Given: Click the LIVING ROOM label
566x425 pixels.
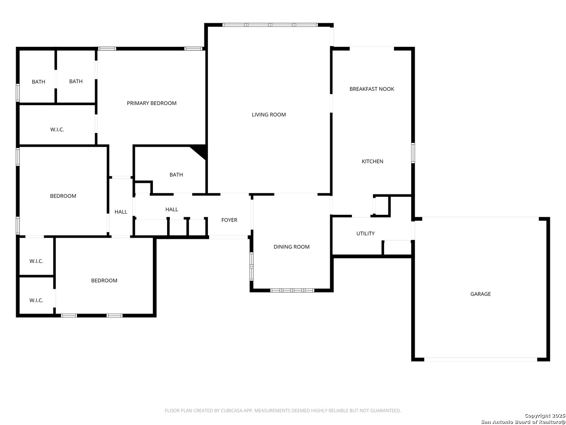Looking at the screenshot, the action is (269, 115).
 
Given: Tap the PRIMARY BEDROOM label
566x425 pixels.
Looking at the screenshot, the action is (152, 103).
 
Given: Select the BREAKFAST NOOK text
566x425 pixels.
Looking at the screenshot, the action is (371, 89).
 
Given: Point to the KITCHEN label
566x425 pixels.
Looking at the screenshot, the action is (372, 161).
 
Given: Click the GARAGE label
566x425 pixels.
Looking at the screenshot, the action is (480, 294).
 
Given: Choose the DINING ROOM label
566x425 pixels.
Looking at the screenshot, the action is (291, 247).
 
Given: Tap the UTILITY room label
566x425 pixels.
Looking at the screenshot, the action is (366, 233).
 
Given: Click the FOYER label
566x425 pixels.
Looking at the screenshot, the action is (229, 220).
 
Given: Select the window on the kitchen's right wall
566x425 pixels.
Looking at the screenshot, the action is (413, 153).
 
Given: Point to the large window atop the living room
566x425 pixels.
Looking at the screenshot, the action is (270, 25).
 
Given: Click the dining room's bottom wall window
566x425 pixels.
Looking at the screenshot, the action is (292, 290).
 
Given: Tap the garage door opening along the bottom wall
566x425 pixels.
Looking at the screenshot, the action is (481, 359).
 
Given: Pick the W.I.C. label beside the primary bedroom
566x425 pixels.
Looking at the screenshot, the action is (57, 129).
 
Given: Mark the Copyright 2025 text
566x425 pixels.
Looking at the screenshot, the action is (545, 416).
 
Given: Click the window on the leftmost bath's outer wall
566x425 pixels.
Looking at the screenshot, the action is (18, 92).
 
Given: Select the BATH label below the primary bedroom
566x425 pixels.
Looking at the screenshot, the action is (176, 175).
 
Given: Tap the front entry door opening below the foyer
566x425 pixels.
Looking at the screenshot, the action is (228, 237).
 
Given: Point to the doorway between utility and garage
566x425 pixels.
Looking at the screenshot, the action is (413, 231).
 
